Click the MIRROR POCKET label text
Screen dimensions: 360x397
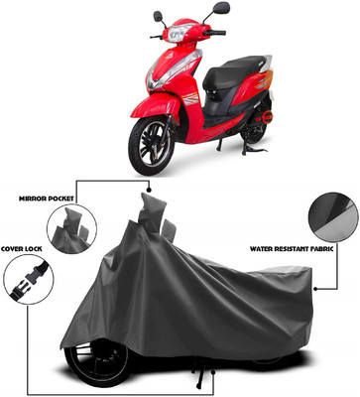pos(47,198)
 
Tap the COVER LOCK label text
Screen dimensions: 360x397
pos(22,248)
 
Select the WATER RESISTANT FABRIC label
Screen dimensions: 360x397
pos(292,248)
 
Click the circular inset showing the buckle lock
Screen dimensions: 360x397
pos(28,279)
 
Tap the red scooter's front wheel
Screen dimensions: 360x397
pos(152,146)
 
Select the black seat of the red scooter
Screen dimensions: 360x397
pos(231,71)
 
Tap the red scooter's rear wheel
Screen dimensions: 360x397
pos(254,128)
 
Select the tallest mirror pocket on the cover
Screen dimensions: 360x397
pos(152,211)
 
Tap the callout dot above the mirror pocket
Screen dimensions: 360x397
pos(149,191)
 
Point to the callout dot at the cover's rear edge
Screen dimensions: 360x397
pos(315,289)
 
